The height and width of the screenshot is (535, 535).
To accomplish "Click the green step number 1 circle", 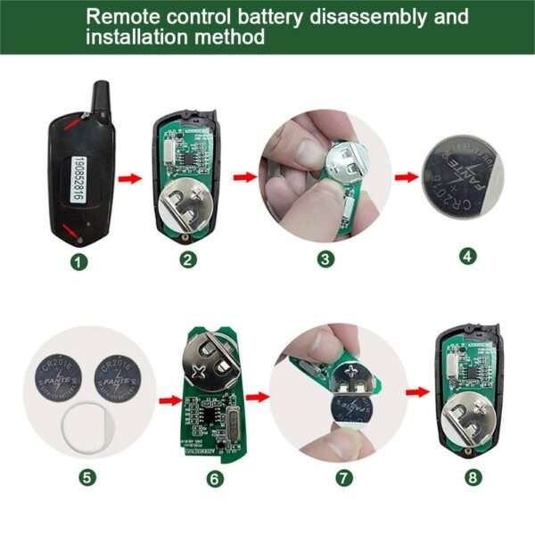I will [82, 262].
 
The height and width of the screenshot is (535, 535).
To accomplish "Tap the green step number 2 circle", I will [188, 259].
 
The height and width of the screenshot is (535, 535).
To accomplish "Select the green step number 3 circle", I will [325, 259].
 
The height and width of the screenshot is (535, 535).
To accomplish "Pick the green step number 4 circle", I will [467, 256].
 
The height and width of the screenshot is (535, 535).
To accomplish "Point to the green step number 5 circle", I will [86, 477].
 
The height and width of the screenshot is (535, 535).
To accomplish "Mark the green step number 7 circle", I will [344, 477].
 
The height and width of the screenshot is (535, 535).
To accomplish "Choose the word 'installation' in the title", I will [137, 37].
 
